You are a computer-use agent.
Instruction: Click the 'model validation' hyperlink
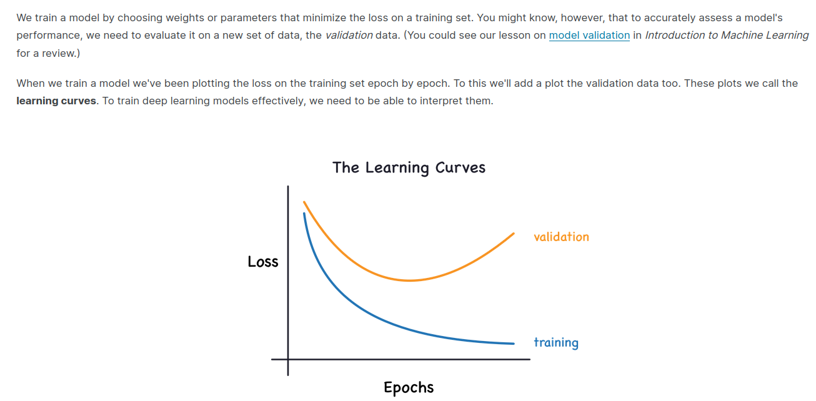[589, 36]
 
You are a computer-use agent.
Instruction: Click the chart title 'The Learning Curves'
[409, 167]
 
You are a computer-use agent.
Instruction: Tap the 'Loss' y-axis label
[262, 262]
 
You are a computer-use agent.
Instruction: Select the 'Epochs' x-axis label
[409, 387]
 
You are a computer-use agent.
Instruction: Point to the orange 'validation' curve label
[561, 237]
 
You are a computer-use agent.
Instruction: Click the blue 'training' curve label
[556, 343]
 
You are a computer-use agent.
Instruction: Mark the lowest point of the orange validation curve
[409, 280]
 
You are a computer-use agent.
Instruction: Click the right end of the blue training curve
[514, 344]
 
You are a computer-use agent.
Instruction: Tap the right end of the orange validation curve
[514, 234]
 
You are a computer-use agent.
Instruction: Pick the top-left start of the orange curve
[304, 202]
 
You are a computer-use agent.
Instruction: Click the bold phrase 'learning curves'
[56, 101]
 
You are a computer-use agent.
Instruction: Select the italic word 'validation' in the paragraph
[349, 36]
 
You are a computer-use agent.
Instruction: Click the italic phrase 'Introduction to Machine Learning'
[727, 36]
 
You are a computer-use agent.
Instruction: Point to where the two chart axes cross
[288, 360]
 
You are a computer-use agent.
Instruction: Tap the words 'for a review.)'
[48, 53]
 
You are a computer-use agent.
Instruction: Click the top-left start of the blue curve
[304, 214]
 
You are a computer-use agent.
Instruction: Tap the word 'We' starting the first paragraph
[24, 18]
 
